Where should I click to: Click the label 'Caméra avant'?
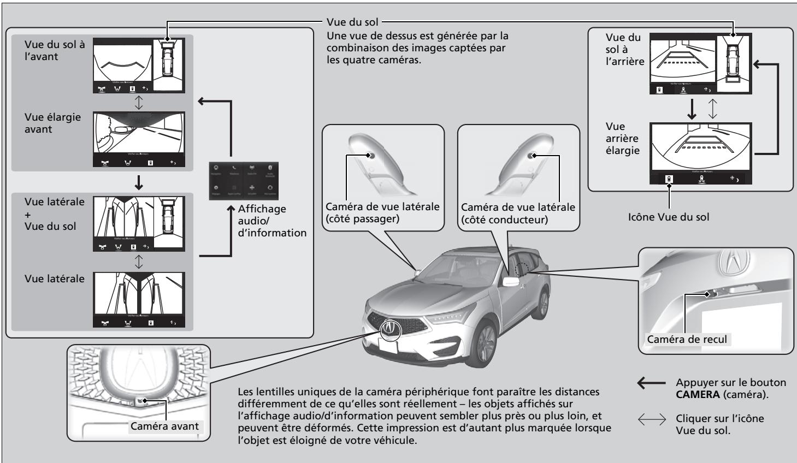coord(164,426)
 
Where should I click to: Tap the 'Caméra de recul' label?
coord(687,339)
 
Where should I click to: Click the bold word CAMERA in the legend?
coord(699,395)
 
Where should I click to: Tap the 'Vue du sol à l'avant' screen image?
coord(139,64)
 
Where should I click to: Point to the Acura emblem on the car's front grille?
coord(391,329)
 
